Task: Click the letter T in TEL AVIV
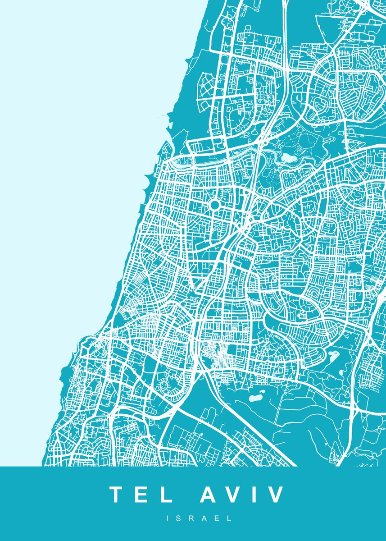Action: click(x=118, y=495)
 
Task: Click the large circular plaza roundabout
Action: click(x=214, y=206)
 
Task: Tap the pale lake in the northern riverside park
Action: click(x=287, y=157)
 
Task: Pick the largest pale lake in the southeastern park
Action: click(x=334, y=356)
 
